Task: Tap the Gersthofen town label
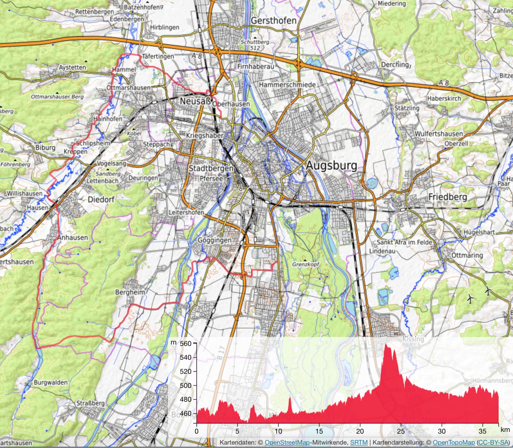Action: [x=274, y=21]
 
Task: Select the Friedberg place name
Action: [x=448, y=197]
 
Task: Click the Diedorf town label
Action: [x=101, y=199]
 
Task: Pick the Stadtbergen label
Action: [x=211, y=168]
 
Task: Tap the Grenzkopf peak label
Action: [x=305, y=264]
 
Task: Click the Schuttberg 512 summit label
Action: [x=255, y=44]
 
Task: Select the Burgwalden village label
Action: [x=51, y=382]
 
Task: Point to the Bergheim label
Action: [x=130, y=292]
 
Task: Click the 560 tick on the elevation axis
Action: [x=186, y=343]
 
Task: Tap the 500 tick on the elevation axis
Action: [x=186, y=385]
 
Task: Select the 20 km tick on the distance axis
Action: [x=360, y=431]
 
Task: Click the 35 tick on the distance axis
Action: [x=482, y=431]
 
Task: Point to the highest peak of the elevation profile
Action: [x=386, y=345]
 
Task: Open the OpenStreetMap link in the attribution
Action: [x=287, y=443]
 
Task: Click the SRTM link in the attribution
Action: [x=359, y=443]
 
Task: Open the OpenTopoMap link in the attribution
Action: [x=454, y=443]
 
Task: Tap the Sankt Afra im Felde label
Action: [x=404, y=242]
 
